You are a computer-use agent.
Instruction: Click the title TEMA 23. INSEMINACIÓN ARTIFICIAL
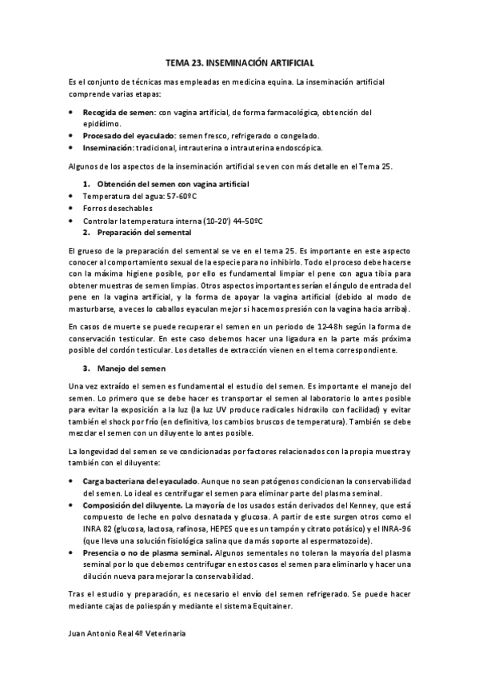[x=240, y=61]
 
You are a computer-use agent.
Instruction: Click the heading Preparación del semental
[x=144, y=233]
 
